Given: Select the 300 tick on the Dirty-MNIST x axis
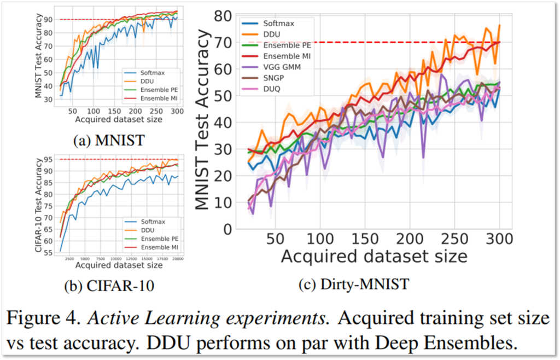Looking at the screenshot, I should [x=499, y=240].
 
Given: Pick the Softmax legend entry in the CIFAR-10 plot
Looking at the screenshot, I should [x=153, y=221].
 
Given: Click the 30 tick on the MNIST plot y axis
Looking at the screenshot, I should [x=48, y=99].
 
